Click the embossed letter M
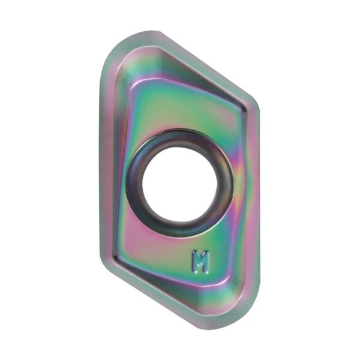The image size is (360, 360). (201, 262)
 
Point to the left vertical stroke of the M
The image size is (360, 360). (194, 262)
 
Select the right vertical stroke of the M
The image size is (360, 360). (207, 262)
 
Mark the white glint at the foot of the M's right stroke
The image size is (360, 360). (207, 271)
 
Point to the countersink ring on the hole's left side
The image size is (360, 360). (134, 184)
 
